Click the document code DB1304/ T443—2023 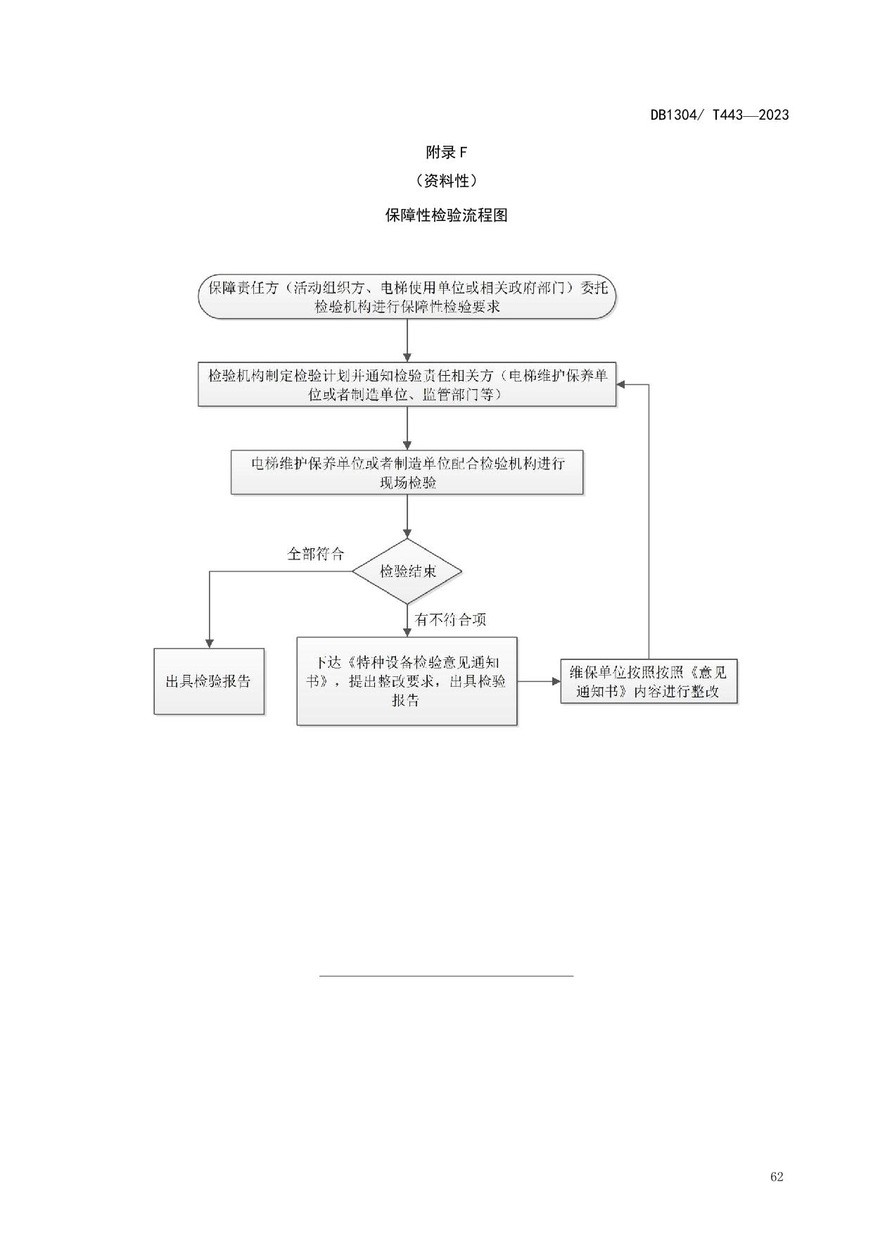point(719,115)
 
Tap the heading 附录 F point(446,152)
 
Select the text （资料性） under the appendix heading point(446,181)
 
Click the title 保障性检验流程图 point(446,215)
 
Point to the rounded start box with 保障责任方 point(407,297)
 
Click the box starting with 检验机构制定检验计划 point(407,385)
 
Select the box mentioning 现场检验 point(407,472)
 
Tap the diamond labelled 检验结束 point(407,571)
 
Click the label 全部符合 point(315,554)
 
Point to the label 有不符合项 point(450,620)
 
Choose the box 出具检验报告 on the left point(209,681)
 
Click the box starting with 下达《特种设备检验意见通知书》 point(407,681)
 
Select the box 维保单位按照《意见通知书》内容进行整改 point(649,681)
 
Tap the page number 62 point(777,1177)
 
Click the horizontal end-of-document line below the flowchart point(446,976)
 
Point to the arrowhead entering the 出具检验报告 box point(209,643)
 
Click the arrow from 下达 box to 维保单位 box point(539,681)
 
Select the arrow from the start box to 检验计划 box point(407,341)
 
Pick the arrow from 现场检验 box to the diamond point(407,517)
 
